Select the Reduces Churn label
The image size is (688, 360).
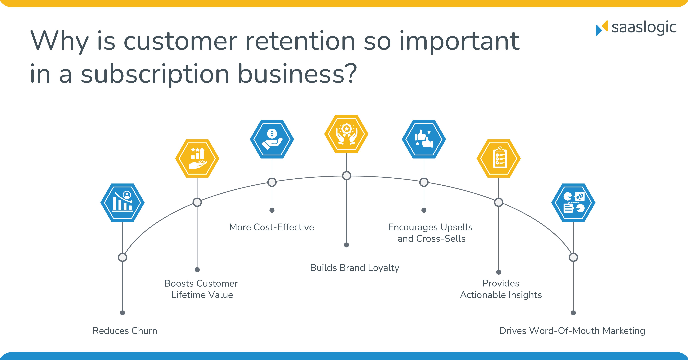(125, 331)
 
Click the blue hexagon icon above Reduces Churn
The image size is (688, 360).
(122, 202)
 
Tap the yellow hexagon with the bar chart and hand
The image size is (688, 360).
(197, 158)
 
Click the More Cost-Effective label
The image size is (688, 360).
(271, 227)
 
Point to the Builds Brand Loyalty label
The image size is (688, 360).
(354, 268)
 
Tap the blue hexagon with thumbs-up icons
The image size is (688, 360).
(424, 139)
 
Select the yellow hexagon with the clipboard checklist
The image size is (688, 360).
(498, 158)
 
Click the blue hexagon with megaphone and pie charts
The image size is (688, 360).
(573, 202)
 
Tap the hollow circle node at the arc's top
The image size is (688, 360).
(346, 176)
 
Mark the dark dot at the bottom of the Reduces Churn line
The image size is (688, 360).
(122, 313)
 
